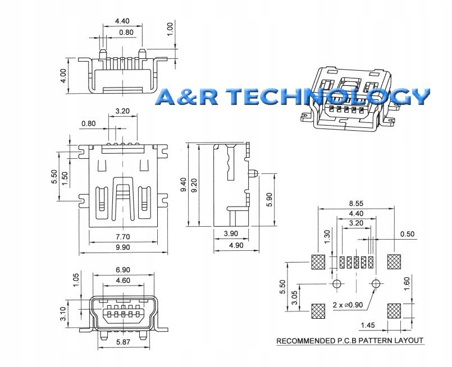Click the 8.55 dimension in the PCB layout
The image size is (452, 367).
356,203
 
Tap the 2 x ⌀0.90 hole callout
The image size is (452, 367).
348,305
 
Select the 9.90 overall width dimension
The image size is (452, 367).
123,247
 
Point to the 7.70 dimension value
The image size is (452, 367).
123,237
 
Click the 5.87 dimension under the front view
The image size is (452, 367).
123,342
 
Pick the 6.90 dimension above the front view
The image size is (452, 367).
123,270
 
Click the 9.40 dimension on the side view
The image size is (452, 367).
184,185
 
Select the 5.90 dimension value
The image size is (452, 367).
270,200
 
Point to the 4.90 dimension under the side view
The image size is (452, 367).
236,245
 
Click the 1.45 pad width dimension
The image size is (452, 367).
368,325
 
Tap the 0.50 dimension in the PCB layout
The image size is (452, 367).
407,233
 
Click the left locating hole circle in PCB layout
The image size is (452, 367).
337,284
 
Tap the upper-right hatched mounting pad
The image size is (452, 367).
394,262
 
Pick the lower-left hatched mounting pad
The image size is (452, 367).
318,311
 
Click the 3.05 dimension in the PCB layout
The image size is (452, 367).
294,298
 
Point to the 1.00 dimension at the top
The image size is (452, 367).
170,29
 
